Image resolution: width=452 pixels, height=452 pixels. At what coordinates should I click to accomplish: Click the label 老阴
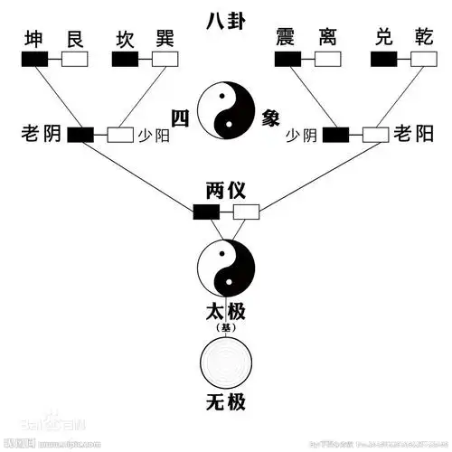(x=41, y=135)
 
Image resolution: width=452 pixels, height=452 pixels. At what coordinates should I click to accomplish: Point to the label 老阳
(x=412, y=135)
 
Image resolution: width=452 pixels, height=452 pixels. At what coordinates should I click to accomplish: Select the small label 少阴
(x=302, y=136)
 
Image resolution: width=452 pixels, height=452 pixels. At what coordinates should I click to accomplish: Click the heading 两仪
(x=226, y=193)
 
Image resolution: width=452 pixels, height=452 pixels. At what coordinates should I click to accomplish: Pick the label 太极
(x=226, y=313)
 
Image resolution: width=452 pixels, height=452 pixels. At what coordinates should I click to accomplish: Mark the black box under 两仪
(x=206, y=212)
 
